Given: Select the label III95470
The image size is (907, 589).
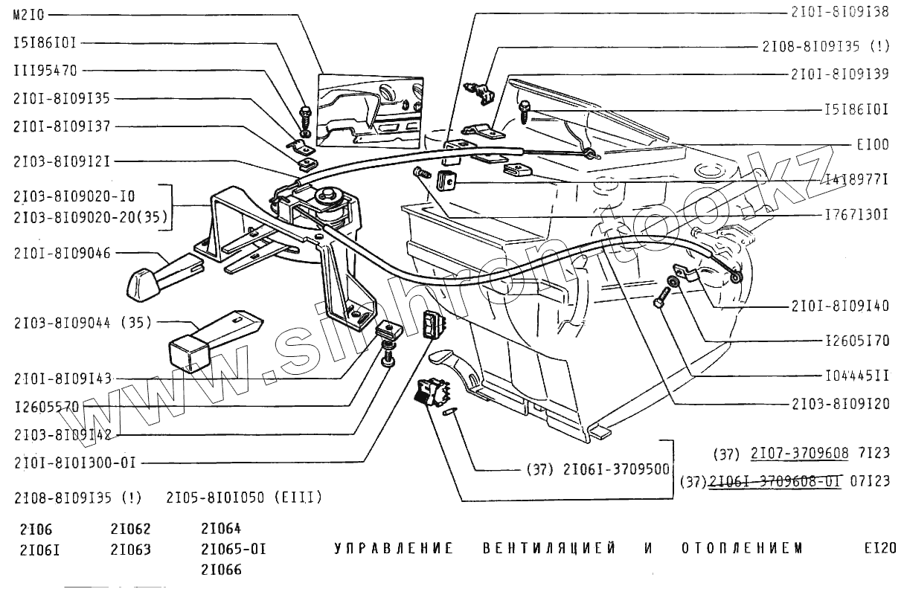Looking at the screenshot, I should point(45,71).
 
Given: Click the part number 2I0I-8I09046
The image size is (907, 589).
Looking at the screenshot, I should point(62,254).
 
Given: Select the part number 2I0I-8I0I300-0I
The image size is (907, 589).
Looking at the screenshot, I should point(74,463).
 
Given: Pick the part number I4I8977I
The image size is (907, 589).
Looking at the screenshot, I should point(857,180).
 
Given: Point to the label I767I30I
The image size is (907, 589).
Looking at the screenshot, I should point(857,215).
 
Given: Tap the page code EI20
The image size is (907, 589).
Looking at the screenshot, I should point(880,550).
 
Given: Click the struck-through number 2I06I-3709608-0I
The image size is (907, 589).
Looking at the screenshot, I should point(775,481).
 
